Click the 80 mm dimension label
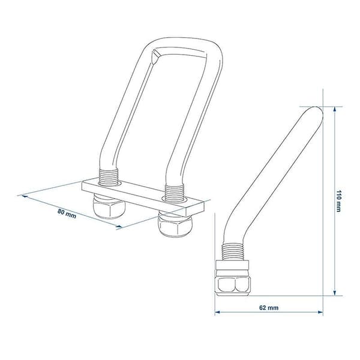tap(67, 214)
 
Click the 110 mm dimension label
tap(338, 201)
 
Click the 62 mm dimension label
tap(269, 307)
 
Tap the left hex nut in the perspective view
tap(109, 206)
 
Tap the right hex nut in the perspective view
tap(175, 224)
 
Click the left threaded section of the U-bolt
tap(108, 176)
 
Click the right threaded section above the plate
tap(175, 193)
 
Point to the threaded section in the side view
tap(232, 252)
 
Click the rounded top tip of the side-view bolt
tap(317, 110)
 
